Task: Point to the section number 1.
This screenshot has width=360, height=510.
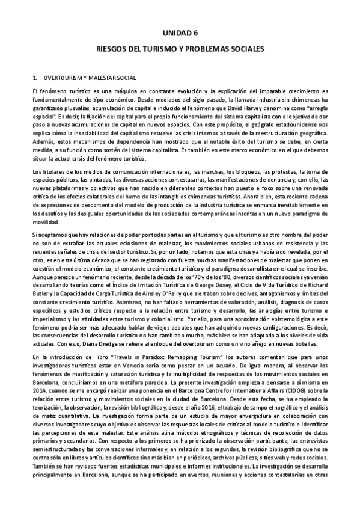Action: click(36, 78)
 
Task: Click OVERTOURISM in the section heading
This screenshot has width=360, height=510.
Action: click(63, 78)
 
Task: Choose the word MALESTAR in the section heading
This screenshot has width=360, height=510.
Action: click(99, 78)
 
